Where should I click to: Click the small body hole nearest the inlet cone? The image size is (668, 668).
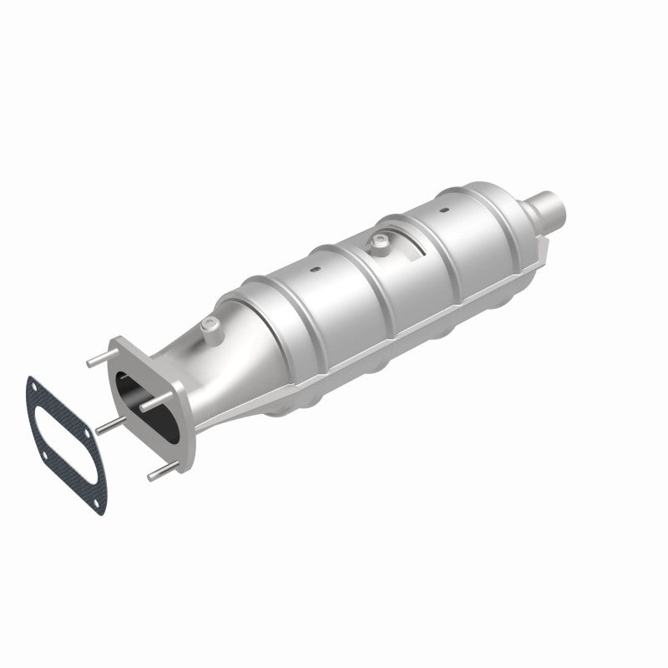point(316,270)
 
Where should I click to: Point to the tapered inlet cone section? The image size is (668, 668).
point(234,351)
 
